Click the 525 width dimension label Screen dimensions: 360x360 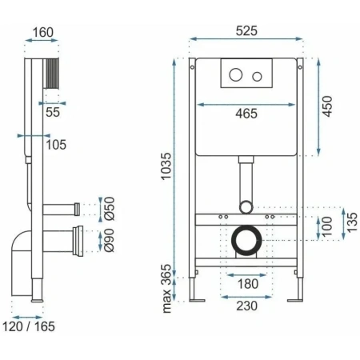246,31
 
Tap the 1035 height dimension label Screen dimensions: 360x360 166,166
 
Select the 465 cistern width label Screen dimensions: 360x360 246,114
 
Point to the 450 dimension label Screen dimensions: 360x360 328,106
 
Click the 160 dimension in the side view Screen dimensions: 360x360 43,33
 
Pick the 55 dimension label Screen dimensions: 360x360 53,112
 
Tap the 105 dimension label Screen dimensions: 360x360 56,145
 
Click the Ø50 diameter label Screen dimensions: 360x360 110,209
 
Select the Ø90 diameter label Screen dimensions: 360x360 110,240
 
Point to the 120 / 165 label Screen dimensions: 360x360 29,326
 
